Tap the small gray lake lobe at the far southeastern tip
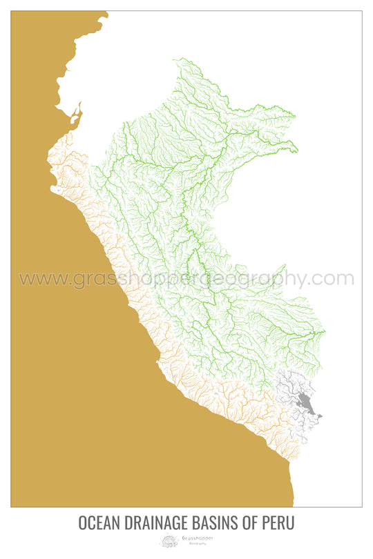(x=320, y=415)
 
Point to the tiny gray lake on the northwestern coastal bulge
(x=59, y=188)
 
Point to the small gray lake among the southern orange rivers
(x=216, y=394)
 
